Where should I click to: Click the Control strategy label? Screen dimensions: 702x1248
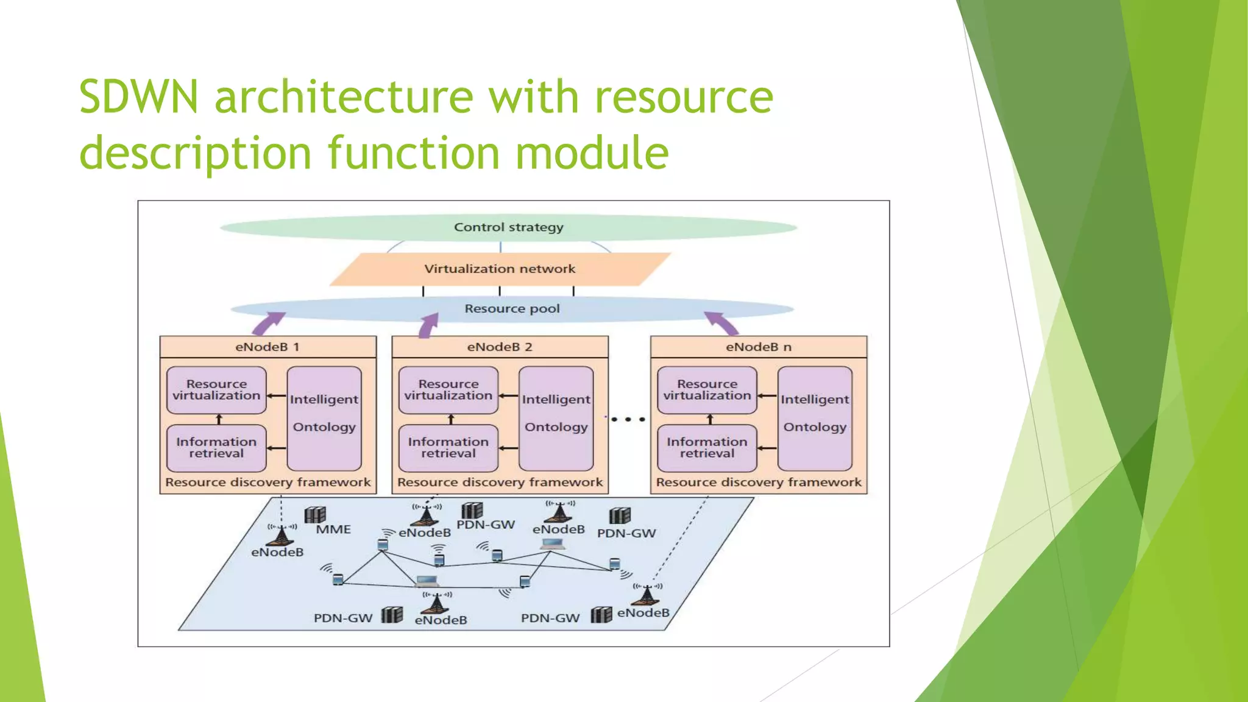(508, 227)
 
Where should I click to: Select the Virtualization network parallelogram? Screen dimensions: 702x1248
(500, 269)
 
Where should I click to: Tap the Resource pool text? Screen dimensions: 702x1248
(512, 309)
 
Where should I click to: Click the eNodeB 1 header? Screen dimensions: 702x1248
(268, 347)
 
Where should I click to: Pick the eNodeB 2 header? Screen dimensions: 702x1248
(500, 347)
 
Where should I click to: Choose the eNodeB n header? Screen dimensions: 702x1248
(758, 347)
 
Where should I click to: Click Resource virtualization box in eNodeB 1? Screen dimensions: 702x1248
(216, 390)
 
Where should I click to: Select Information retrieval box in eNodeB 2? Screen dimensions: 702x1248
(448, 448)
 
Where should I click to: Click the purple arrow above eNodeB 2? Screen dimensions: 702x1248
(429, 325)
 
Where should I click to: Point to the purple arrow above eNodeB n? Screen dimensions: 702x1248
(721, 323)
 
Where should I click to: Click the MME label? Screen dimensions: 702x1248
(333, 530)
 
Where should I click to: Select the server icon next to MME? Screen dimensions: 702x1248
(315, 515)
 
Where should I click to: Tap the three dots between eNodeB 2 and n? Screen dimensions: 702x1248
(628, 419)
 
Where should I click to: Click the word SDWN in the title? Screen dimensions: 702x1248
(139, 97)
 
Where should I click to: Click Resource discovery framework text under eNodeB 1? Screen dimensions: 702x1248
(268, 482)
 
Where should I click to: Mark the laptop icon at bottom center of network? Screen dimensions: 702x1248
(427, 581)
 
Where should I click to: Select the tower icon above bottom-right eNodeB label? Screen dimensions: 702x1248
(647, 594)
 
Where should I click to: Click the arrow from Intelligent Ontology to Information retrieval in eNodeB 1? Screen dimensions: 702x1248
(277, 448)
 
